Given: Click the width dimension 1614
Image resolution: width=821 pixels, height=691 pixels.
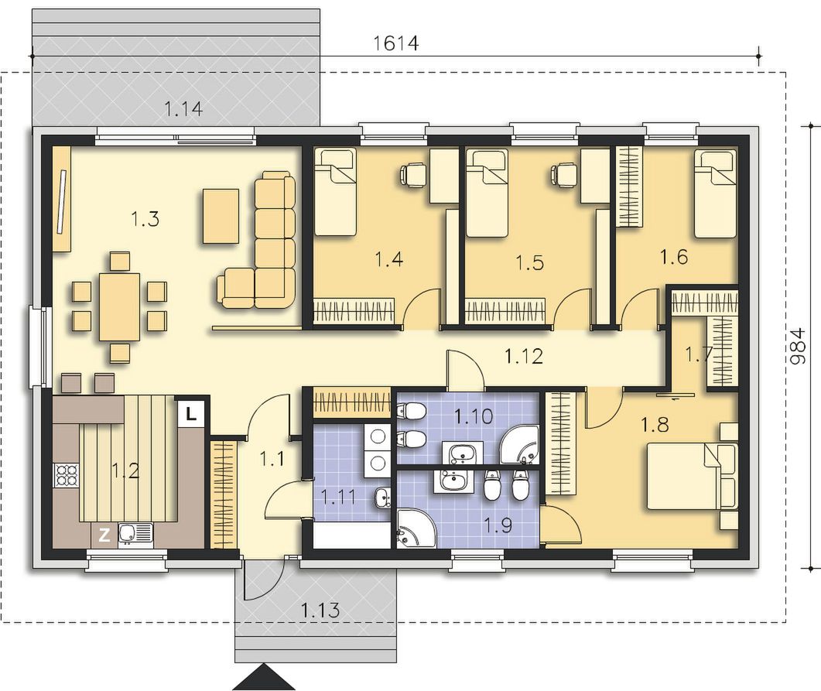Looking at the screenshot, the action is pyautogui.click(x=396, y=43).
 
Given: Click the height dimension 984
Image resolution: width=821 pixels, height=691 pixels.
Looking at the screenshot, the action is pyautogui.click(x=798, y=347).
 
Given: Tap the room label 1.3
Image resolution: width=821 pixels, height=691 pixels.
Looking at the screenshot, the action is pyautogui.click(x=145, y=219).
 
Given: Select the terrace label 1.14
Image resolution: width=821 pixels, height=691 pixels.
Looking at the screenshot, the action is pyautogui.click(x=183, y=109).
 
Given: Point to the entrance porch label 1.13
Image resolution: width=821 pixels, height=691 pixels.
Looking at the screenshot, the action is pyautogui.click(x=320, y=609).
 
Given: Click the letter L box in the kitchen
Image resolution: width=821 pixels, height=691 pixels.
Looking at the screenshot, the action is pyautogui.click(x=191, y=415).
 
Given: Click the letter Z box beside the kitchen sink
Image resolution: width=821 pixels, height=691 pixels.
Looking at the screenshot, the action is pyautogui.click(x=104, y=535).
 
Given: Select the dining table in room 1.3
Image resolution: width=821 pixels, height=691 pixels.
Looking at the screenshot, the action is pyautogui.click(x=120, y=306).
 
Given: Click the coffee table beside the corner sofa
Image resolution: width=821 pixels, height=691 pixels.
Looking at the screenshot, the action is pyautogui.click(x=221, y=216).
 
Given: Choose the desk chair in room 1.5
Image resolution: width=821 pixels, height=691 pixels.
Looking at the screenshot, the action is pyautogui.click(x=563, y=174).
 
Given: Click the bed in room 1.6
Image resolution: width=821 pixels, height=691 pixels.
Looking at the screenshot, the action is pyautogui.click(x=715, y=193).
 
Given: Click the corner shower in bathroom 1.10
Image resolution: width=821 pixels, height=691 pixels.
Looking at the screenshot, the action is pyautogui.click(x=519, y=444).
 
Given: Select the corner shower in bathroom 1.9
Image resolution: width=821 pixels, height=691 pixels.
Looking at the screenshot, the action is pyautogui.click(x=416, y=529).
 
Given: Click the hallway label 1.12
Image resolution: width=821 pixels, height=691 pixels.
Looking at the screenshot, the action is pyautogui.click(x=524, y=357).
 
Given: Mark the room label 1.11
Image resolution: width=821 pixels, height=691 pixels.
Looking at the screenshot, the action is pyautogui.click(x=338, y=497).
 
